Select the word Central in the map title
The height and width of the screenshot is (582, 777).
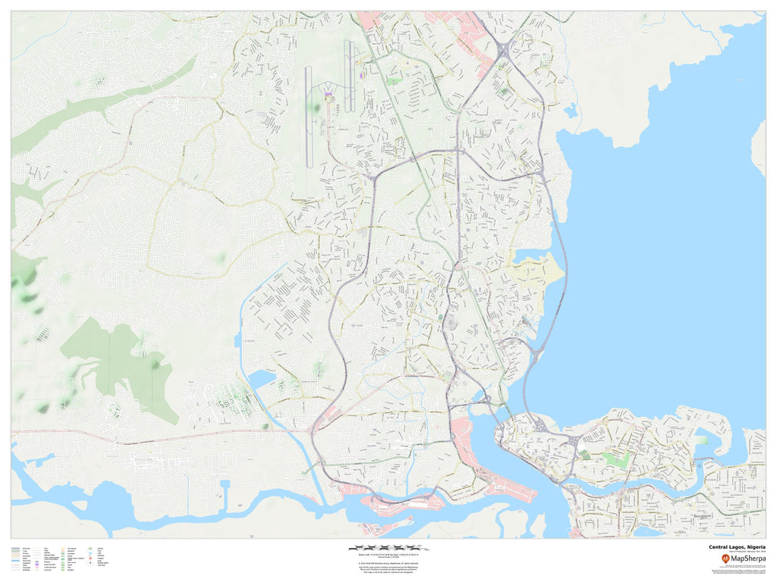(718, 546)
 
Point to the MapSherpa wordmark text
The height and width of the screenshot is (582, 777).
(749, 559)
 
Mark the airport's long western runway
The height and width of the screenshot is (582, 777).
(308, 117)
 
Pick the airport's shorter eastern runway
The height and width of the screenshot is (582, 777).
(348, 76)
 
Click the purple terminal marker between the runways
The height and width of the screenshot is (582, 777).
(329, 95)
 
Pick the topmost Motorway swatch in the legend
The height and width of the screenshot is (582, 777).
(16, 546)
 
